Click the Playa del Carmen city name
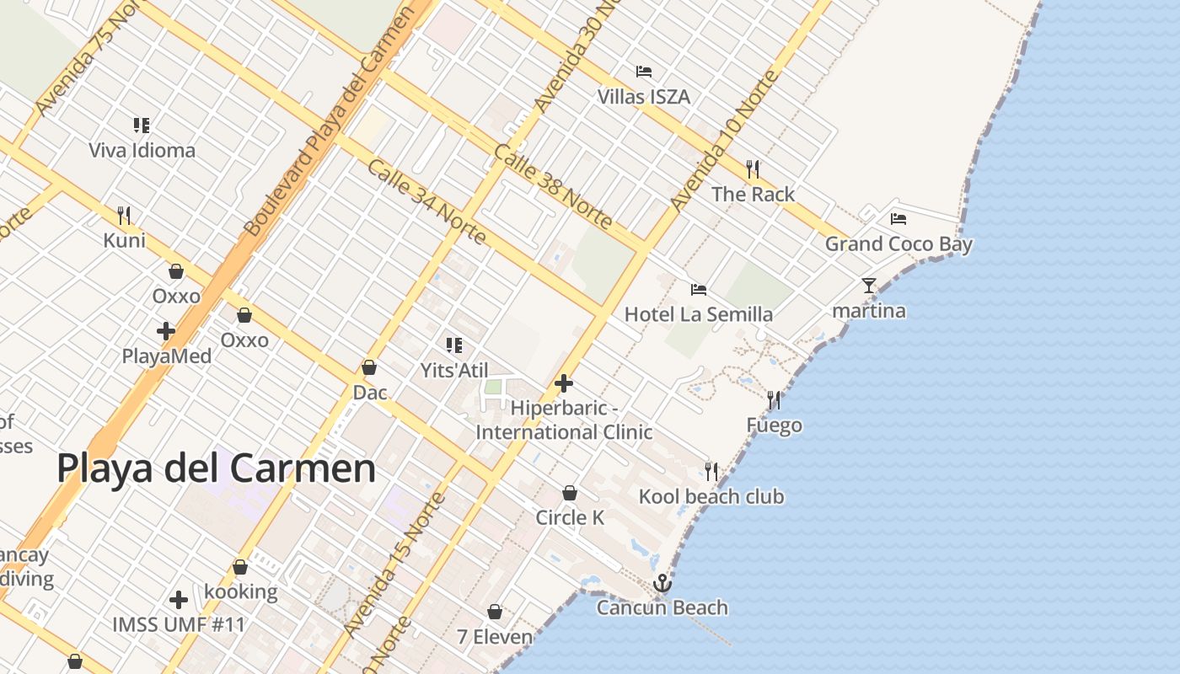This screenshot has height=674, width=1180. point(216,468)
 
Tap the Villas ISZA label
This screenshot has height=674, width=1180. point(644,97)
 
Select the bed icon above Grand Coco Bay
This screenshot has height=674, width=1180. point(898,219)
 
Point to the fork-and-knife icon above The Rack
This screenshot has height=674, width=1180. point(753,169)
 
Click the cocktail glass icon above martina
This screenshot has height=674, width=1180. point(869,286)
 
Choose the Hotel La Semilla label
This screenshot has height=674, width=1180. point(698,314)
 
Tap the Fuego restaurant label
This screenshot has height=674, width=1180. point(774,425)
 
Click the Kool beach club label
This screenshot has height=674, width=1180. point(711,496)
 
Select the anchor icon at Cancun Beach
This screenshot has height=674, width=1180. point(662,583)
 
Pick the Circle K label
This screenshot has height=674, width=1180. point(570,517)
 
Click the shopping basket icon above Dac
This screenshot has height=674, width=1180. point(368,368)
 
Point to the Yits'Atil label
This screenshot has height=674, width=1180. point(454,370)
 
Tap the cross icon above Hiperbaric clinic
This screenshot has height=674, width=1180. point(564,384)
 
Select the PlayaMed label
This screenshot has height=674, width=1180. point(166,356)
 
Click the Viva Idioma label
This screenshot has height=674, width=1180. point(142,151)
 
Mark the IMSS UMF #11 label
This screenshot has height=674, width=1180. point(179,625)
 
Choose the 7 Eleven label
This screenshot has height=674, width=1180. point(495,637)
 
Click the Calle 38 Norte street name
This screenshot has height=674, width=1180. point(553,187)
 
